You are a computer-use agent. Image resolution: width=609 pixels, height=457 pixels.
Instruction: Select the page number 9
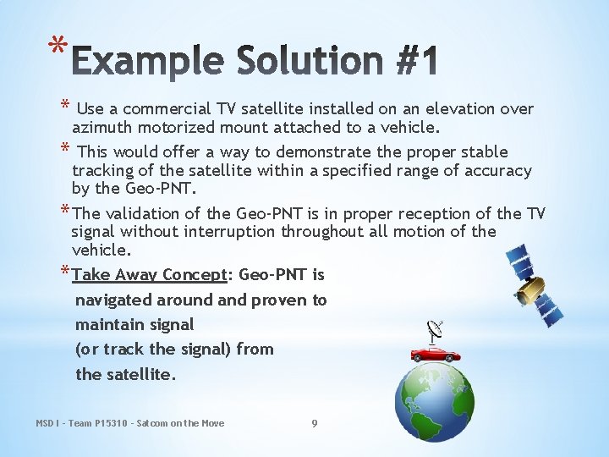click(315, 423)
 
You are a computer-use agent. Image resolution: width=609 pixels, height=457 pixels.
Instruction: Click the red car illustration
click(436, 353)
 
